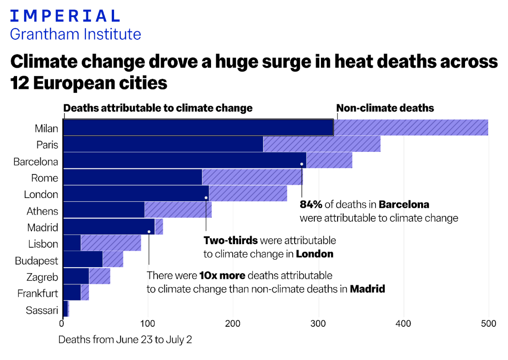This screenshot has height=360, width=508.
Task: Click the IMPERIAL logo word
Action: pos(65,16)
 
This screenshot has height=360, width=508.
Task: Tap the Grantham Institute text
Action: pos(75,34)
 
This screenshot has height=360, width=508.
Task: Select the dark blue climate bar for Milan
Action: pos(198,127)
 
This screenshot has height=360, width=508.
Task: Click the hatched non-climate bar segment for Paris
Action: pos(321,144)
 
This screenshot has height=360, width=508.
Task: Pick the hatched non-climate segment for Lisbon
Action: pos(111,243)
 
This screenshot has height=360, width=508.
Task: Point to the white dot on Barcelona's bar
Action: pos(302,164)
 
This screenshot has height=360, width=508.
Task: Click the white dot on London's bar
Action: pos(206,198)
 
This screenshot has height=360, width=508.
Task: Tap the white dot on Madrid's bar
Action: pos(149,232)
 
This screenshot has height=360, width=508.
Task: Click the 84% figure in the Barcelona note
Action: pos(311,204)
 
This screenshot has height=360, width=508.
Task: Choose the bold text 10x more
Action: pos(222,276)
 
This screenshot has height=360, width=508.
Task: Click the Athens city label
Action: pos(42,211)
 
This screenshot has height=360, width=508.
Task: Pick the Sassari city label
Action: pos(42,310)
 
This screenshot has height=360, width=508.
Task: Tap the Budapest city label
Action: pos(36,261)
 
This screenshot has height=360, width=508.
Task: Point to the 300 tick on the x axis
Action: pos(319,324)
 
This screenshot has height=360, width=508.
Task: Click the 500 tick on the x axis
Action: pos(489,324)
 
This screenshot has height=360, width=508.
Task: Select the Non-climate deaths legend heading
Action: pos(385,108)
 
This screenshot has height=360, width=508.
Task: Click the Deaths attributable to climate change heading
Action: pos(158,108)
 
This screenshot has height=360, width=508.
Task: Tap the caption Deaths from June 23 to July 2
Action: pos(125,340)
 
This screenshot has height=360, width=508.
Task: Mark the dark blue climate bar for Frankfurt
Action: pos(72,292)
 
